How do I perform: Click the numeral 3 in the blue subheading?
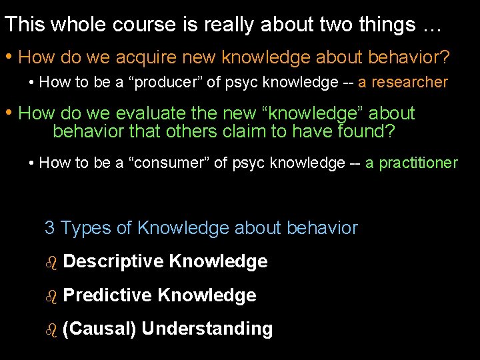pos(49,228)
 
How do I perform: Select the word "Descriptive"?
pos(113,261)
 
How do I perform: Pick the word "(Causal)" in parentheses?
pos(99,329)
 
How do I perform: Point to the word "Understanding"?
pos(207,329)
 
